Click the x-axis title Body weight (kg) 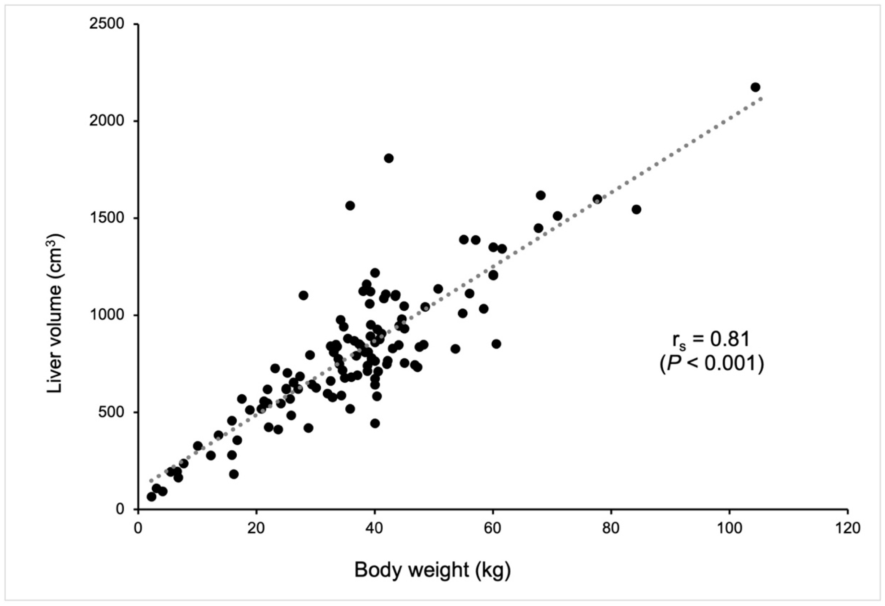(432, 570)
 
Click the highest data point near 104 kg (755, 87)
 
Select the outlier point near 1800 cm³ (388, 158)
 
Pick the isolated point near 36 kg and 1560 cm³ (350, 205)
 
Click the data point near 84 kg (636, 209)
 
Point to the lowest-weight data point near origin (151, 497)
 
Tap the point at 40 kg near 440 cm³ (375, 423)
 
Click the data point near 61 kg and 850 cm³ (496, 344)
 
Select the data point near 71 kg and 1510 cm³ (557, 216)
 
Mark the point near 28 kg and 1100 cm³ (303, 295)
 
